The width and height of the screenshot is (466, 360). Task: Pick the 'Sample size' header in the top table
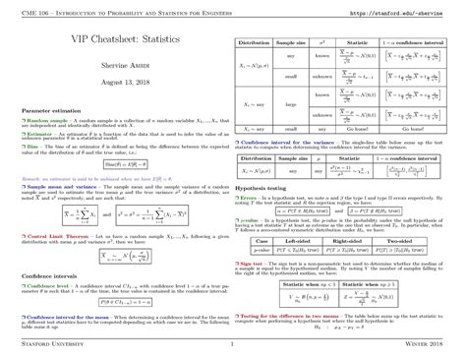click(291, 45)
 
